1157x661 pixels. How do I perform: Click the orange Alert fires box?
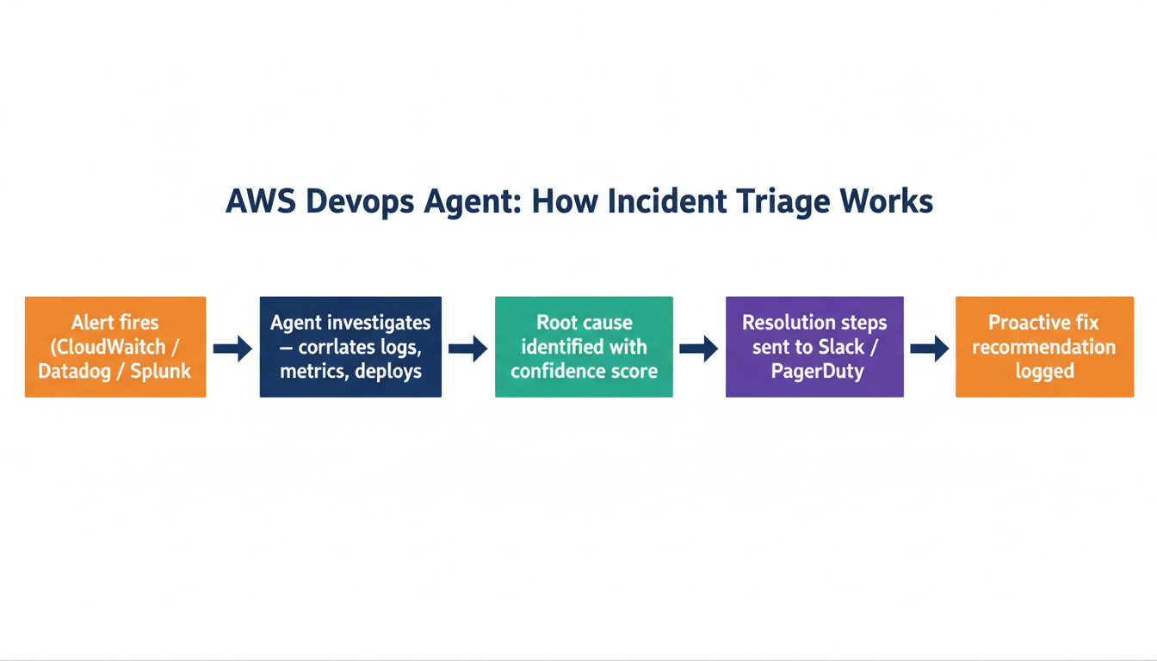tap(115, 347)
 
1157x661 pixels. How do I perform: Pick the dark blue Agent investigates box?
tap(350, 347)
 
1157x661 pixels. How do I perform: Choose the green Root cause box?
tap(584, 347)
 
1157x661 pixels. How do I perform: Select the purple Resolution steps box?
tap(814, 347)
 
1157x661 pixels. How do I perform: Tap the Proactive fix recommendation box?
tap(1044, 347)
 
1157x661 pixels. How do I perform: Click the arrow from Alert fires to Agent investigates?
tap(232, 349)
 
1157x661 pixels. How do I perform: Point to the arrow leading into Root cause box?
tap(467, 349)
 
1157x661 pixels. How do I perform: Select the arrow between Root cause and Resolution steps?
tap(698, 349)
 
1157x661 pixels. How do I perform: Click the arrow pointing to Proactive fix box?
tap(929, 349)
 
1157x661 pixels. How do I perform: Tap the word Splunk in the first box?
tap(160, 372)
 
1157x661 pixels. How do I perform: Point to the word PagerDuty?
tap(814, 372)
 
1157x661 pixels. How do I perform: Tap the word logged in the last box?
tap(1044, 372)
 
